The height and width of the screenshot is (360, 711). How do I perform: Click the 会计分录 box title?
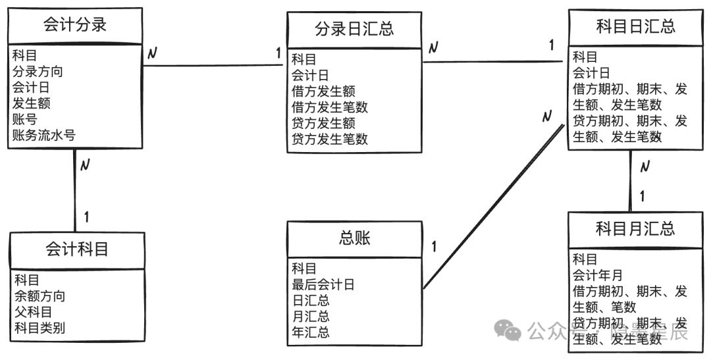click(75, 24)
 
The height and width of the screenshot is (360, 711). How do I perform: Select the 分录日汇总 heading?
click(354, 28)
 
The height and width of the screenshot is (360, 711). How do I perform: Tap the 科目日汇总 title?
click(635, 26)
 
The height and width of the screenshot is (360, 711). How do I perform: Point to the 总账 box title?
click(354, 238)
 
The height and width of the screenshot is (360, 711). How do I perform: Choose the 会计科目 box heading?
click(76, 249)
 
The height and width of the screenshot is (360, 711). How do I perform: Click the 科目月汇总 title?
click(635, 228)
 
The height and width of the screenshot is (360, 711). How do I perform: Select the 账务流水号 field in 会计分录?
click(43, 135)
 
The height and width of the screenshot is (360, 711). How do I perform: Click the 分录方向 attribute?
click(38, 72)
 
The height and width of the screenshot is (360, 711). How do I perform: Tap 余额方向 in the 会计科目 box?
click(40, 296)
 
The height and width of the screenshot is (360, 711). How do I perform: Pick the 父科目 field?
click(34, 312)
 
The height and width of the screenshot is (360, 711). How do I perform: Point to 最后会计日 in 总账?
click(323, 285)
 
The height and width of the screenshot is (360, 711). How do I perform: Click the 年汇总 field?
click(311, 332)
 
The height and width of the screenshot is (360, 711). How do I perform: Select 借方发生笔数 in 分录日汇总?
click(330, 107)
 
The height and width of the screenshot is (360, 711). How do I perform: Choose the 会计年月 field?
click(598, 275)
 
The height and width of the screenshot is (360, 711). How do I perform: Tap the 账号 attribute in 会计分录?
click(25, 119)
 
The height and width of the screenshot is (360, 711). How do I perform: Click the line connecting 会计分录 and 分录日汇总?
click(213, 66)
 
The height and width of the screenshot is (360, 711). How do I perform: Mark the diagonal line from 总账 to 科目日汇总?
click(494, 206)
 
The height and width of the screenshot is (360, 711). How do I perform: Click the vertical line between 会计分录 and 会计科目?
click(74, 190)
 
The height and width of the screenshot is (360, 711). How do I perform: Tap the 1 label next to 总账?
click(434, 247)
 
